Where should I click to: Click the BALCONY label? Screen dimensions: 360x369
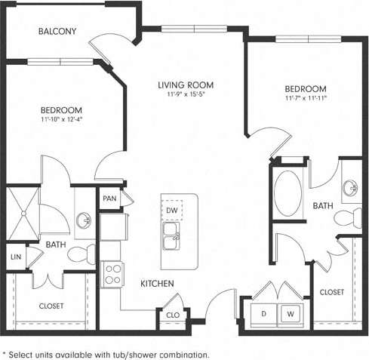click(57, 31)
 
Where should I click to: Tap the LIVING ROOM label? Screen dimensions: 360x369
click(186, 85)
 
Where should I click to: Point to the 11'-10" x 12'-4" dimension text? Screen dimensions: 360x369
click(61, 118)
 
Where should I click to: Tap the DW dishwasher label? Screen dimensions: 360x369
click(172, 209)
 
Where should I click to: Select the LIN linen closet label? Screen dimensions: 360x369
click(16, 257)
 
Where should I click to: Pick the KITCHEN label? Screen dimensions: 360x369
click(158, 283)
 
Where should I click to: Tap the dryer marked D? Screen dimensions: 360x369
click(264, 313)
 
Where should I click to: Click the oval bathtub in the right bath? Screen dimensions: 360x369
click(287, 194)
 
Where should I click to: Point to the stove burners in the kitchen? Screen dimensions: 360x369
click(113, 272)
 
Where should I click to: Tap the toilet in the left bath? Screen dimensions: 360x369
click(78, 254)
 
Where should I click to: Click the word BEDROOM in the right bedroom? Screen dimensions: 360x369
click(306, 88)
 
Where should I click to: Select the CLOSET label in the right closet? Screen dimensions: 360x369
click(332, 292)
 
